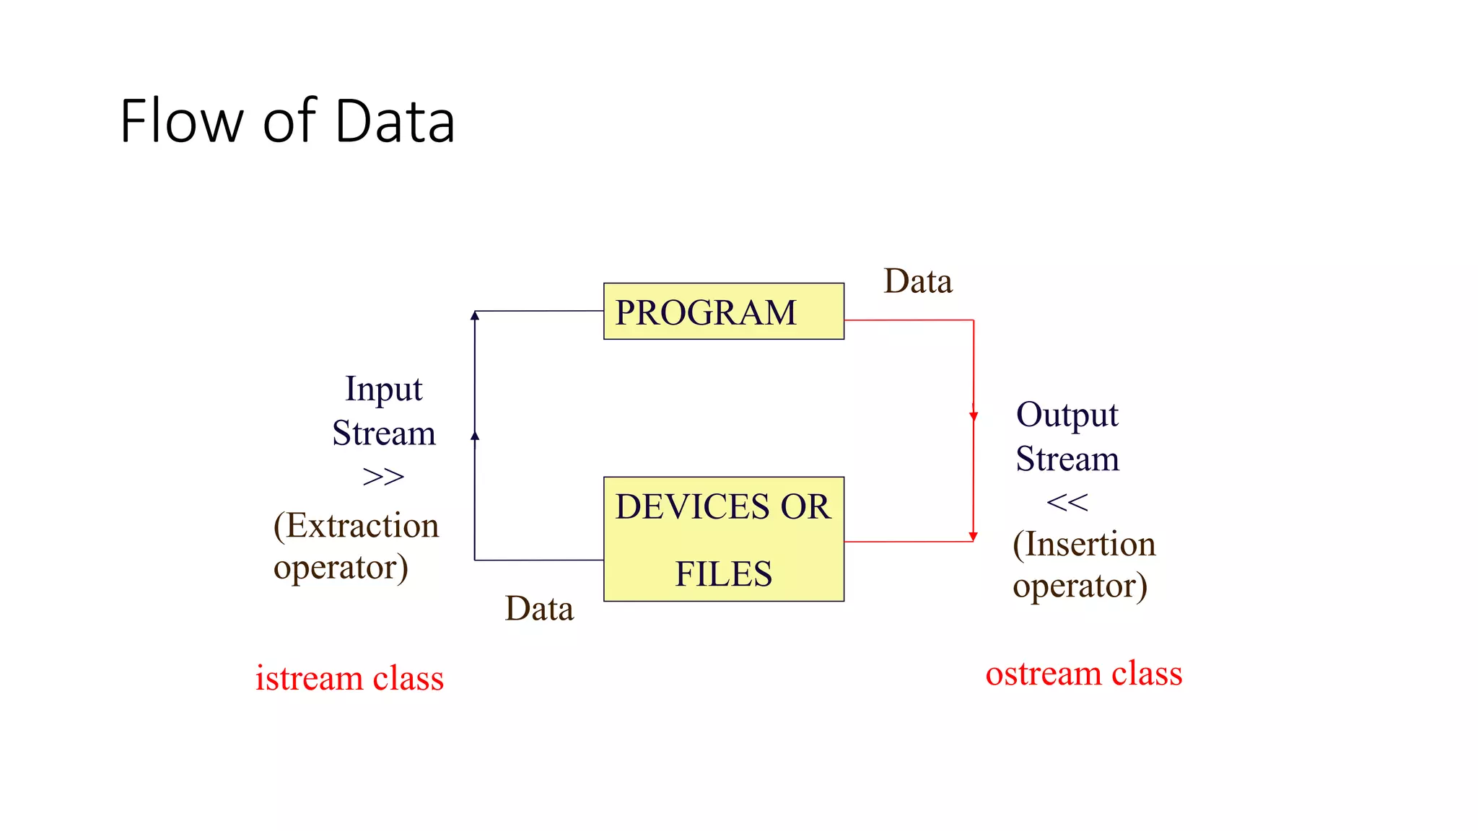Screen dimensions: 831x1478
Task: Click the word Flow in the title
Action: (181, 121)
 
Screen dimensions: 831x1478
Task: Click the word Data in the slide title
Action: (395, 121)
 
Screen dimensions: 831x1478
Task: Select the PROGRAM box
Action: (723, 311)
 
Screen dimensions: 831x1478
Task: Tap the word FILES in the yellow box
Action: (723, 574)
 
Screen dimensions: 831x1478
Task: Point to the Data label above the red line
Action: (917, 281)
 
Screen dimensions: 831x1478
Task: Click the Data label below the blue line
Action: (538, 609)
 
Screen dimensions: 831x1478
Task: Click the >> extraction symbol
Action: (383, 477)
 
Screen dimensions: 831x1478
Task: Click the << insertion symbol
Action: (1067, 503)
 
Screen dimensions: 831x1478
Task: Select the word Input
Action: (383, 390)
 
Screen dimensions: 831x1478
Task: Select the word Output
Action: (1067, 415)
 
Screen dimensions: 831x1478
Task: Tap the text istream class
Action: (349, 678)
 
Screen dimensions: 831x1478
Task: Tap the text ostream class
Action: (1083, 674)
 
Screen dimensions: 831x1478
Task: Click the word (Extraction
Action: (356, 525)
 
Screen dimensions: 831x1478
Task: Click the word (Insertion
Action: (1083, 544)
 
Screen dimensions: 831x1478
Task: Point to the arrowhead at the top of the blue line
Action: (475, 315)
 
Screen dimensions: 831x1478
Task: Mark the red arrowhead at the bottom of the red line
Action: (973, 537)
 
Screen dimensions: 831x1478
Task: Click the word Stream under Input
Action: (383, 434)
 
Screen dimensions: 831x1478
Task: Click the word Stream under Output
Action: (1067, 460)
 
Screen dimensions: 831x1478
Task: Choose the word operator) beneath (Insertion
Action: (1079, 586)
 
